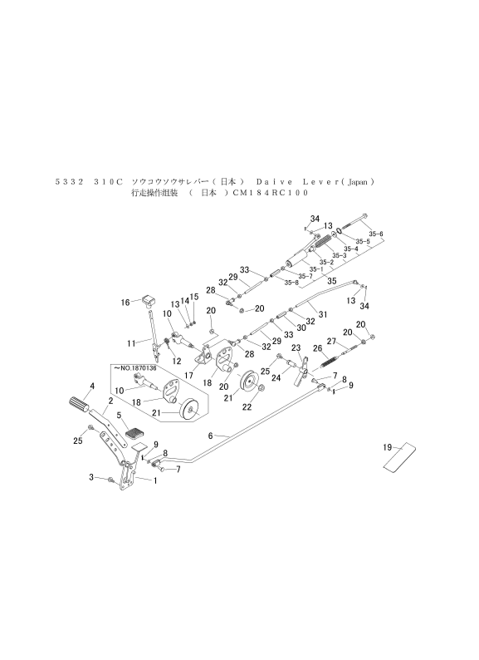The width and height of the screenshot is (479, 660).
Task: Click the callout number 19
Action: [x=388, y=448]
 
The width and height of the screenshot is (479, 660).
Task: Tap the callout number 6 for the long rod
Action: [x=211, y=436]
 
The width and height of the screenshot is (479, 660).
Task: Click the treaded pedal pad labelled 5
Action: [x=135, y=433]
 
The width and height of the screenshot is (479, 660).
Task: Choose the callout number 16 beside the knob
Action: [x=126, y=302]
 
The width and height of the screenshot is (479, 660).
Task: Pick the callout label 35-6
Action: [x=375, y=234]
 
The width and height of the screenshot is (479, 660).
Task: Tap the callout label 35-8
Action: [x=291, y=283]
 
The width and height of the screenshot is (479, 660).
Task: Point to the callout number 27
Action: [x=330, y=341]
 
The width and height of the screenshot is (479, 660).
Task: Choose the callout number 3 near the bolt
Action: [x=90, y=478]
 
